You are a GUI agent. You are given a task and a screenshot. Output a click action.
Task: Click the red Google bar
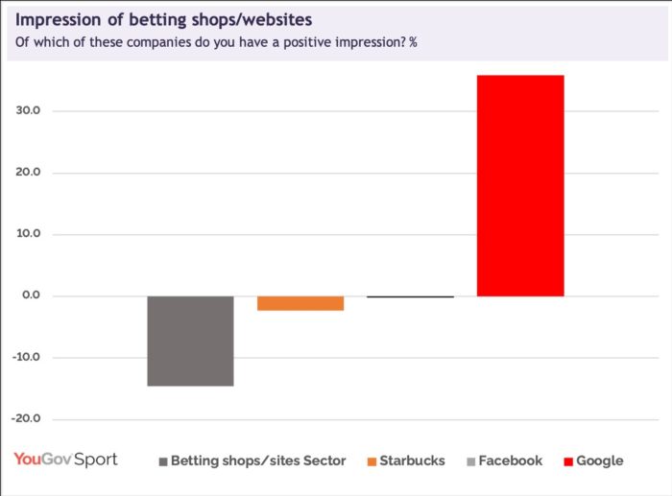coord(519,185)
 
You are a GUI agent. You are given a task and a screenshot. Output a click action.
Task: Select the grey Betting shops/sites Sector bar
coord(190,341)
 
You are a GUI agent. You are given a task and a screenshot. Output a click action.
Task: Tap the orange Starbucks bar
coord(300,303)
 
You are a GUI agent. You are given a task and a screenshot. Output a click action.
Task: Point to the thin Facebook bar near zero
coord(410,297)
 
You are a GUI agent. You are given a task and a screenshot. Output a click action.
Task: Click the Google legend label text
coord(599,461)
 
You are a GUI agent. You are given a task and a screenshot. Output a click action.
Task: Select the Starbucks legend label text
coord(412,461)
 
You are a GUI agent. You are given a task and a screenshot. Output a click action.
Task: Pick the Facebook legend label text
coord(510,461)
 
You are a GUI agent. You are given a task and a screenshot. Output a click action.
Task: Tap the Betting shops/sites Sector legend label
coord(257,461)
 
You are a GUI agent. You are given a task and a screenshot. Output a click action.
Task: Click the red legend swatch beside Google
coord(568,461)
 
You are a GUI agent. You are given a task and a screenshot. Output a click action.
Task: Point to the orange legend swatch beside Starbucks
coord(372,461)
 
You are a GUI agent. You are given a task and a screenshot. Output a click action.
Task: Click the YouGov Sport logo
coord(65,460)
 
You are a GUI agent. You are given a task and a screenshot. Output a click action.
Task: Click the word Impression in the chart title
coord(59,20)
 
